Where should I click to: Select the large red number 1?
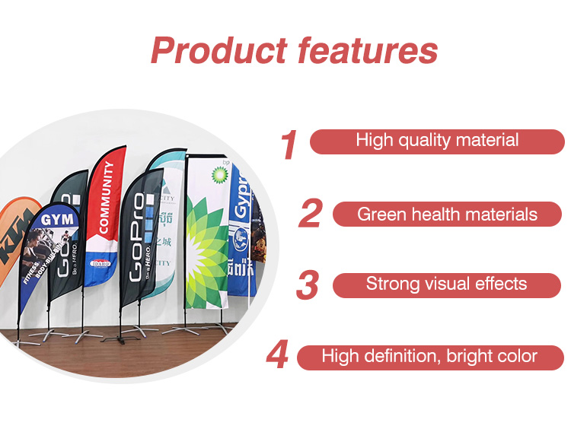click(288, 145)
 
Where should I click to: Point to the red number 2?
click(310, 214)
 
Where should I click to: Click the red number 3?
click(307, 285)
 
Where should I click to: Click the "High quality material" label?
click(437, 141)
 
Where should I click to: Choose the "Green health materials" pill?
click(448, 214)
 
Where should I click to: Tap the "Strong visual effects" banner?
click(446, 284)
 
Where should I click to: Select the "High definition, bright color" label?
click(429, 356)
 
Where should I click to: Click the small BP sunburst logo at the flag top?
click(219, 173)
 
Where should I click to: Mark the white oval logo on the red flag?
click(100, 263)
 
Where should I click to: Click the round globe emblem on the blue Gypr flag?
click(241, 234)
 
